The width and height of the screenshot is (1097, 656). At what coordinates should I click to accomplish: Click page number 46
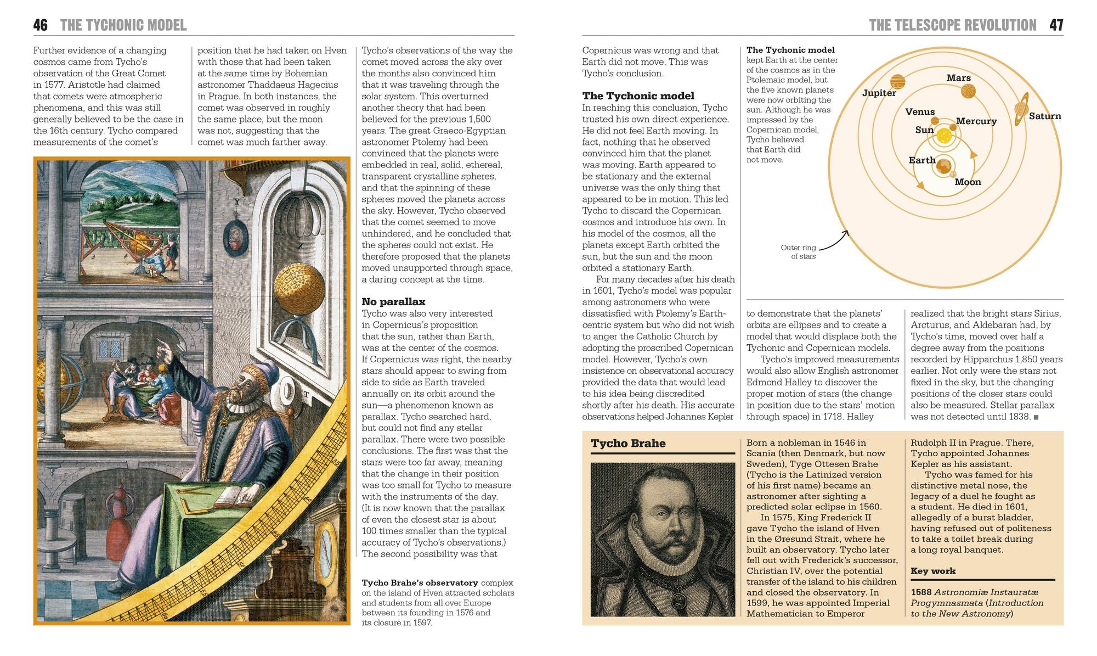pos(40,25)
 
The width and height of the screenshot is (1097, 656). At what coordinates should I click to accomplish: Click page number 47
pos(1056,25)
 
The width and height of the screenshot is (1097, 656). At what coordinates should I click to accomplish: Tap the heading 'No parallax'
pos(393,301)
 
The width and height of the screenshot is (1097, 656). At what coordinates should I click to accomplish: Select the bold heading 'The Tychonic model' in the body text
pos(638,96)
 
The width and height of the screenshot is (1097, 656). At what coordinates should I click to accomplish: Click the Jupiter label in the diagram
pos(879,93)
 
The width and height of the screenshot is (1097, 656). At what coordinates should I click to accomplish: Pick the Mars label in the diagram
pos(958,78)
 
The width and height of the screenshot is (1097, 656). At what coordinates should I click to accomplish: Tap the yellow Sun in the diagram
pos(944,136)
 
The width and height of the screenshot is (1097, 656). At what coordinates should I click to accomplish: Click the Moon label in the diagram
pos(968,182)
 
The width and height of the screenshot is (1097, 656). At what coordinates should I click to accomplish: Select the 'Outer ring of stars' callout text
pos(798,252)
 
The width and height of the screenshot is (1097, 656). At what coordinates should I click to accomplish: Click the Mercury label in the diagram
pos(976,121)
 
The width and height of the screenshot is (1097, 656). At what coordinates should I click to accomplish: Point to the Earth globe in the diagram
pos(943,165)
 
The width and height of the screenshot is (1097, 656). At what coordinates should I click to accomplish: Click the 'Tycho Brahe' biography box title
pos(628,444)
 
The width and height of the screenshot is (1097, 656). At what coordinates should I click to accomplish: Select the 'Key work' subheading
pos(932,571)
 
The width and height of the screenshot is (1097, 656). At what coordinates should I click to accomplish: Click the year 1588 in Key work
pos(920,592)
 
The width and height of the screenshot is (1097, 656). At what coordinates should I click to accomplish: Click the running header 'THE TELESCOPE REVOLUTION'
pos(952,25)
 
